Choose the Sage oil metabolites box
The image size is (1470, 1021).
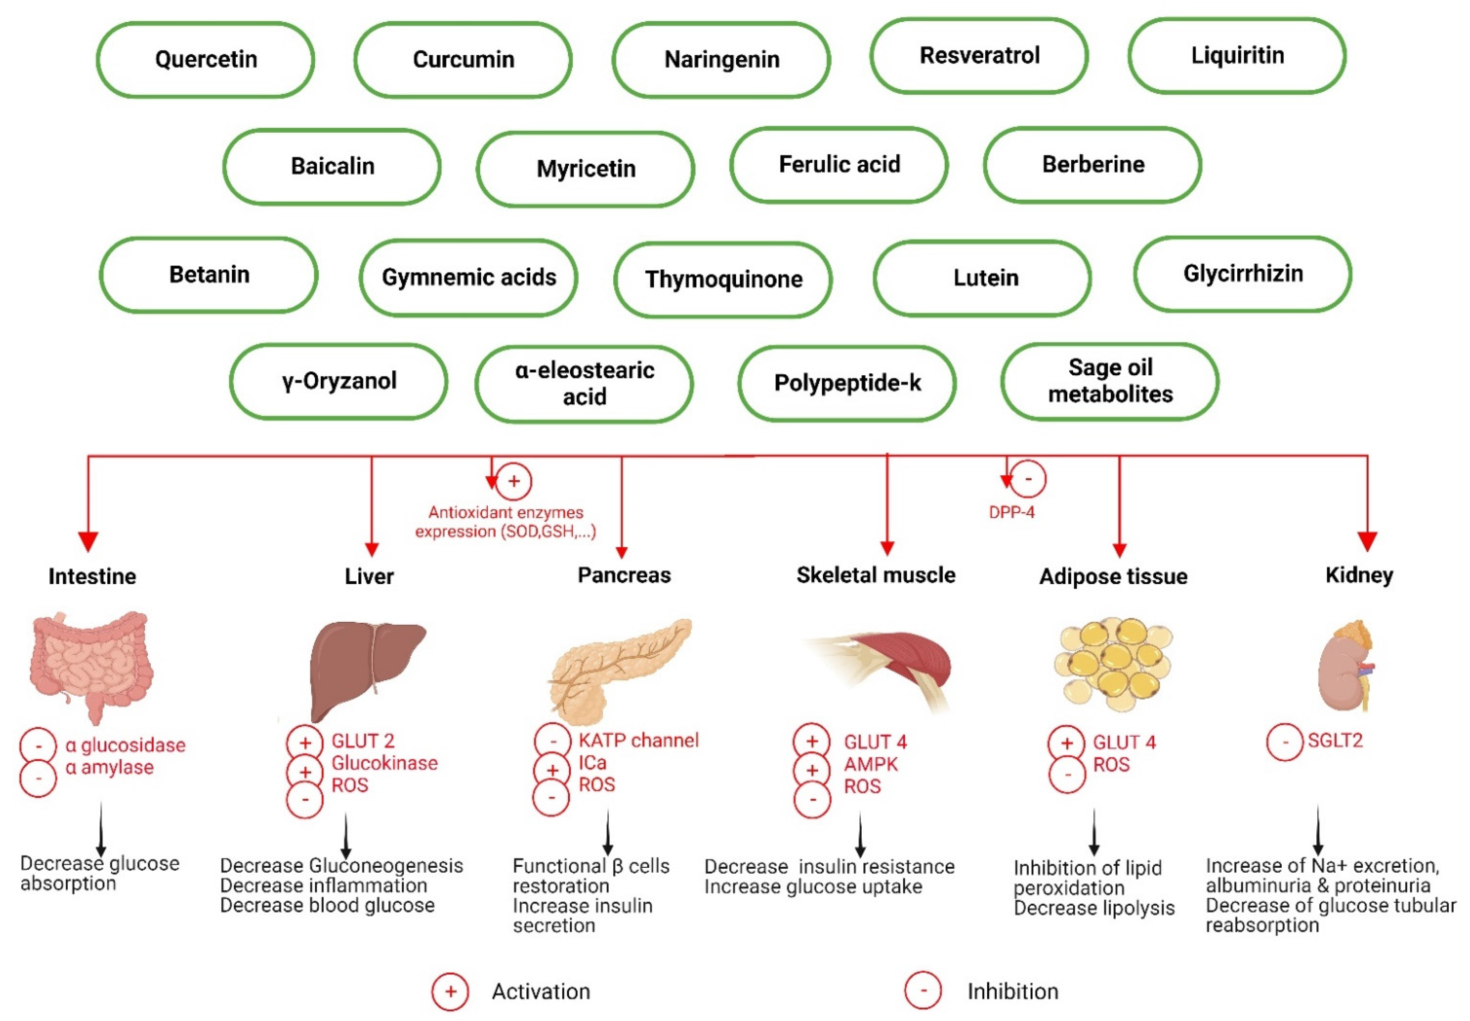pos(1110,381)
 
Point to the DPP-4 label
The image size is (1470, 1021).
pos(1011,512)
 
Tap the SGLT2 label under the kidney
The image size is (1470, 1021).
pos(1335,741)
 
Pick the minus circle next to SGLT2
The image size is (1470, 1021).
pos(1284,742)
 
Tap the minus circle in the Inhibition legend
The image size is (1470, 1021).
pos(923,990)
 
